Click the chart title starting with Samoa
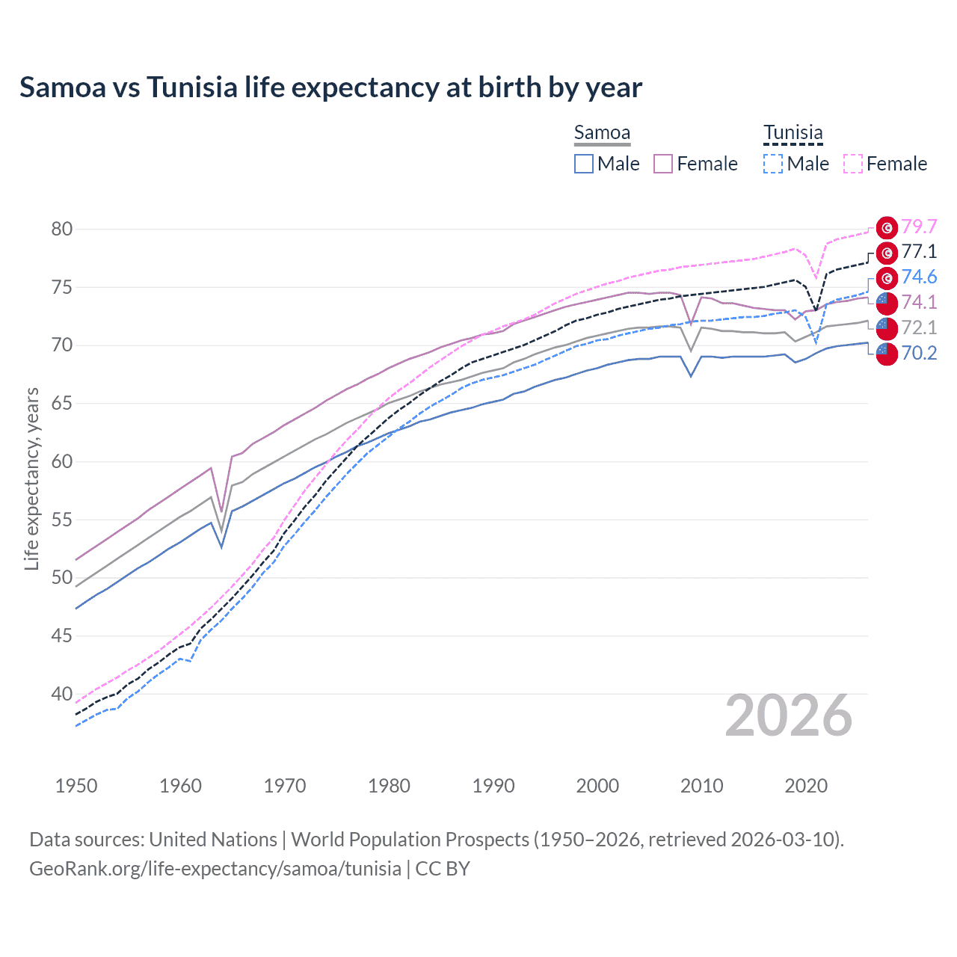330,87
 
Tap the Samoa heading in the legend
602,132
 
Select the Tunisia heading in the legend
793,132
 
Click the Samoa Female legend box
663,164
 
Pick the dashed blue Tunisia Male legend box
773,164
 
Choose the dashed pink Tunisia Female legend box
853,164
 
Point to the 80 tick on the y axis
62,229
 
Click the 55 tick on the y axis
62,520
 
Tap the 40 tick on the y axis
62,694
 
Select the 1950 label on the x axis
76,786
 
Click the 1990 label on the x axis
493,786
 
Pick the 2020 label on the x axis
806,786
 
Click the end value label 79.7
919,227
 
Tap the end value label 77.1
919,252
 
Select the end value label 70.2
919,353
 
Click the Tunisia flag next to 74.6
887,278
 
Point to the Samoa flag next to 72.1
887,328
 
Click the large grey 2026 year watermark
789,716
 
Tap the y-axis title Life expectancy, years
31,478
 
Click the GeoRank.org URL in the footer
215,869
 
